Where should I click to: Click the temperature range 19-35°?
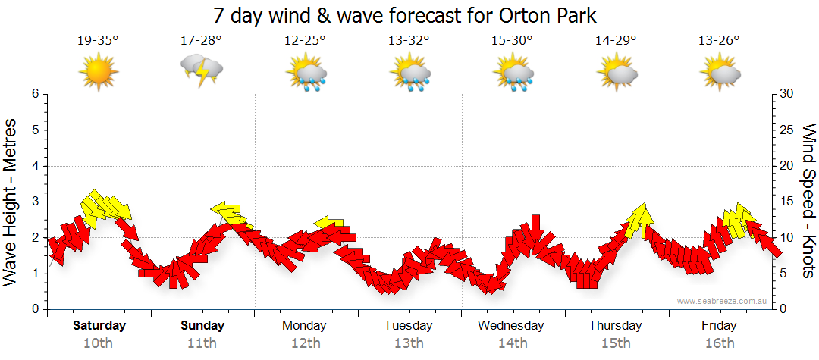[x=99, y=40]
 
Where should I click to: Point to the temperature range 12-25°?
[x=305, y=40]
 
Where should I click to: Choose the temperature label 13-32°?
[x=409, y=40]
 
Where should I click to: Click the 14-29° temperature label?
[x=615, y=40]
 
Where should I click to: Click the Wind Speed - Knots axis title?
[x=808, y=201]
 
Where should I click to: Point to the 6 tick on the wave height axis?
[x=34, y=94]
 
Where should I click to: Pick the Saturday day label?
[x=99, y=326]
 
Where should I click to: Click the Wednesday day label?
[x=511, y=326]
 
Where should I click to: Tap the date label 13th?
[x=409, y=343]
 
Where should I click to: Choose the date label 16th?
[x=719, y=343]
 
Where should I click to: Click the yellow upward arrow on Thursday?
[x=642, y=218]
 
